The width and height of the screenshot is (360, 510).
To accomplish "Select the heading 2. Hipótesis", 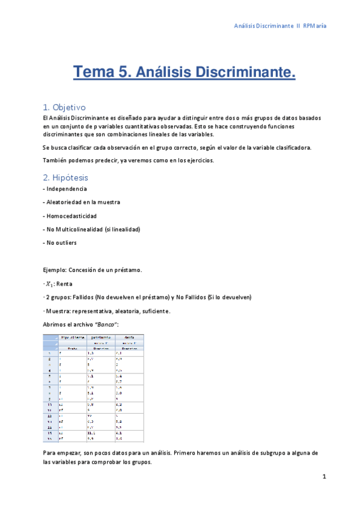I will click(65, 177).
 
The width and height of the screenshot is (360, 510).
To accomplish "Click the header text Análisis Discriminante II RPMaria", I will click(280, 26).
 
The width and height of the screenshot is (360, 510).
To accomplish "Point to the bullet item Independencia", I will click(66, 189).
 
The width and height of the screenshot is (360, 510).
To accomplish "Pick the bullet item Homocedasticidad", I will click(71, 215).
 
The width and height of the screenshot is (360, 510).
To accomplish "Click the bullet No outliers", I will click(61, 242).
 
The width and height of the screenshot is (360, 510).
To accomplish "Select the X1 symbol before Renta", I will click(49, 284).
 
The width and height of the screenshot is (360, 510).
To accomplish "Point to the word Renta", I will click(64, 283).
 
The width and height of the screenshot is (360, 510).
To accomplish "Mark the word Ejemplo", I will click(57, 270).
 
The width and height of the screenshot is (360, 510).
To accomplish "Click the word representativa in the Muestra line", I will click(96, 311).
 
